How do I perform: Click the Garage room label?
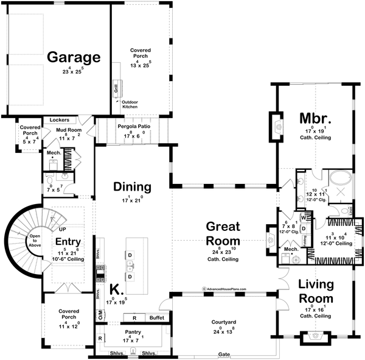click(x=74, y=57)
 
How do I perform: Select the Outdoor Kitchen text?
click(x=130, y=104)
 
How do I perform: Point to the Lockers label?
click(x=60, y=121)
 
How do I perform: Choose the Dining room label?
click(x=131, y=187)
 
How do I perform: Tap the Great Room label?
click(x=222, y=233)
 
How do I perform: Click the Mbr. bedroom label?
click(x=315, y=118)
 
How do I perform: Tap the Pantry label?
click(x=133, y=332)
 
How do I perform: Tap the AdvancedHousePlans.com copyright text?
click(x=221, y=289)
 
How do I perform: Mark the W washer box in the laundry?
click(x=302, y=217)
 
